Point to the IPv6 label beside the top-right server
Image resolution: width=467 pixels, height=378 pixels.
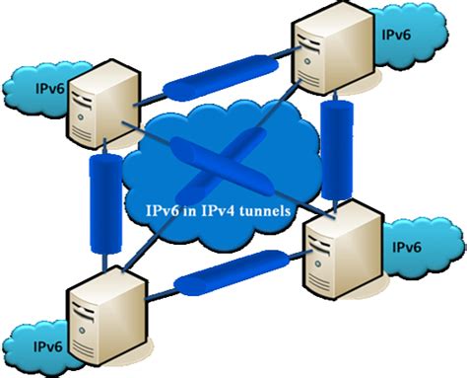pos(397,34)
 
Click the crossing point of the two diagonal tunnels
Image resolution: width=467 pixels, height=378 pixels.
pos(221,171)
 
